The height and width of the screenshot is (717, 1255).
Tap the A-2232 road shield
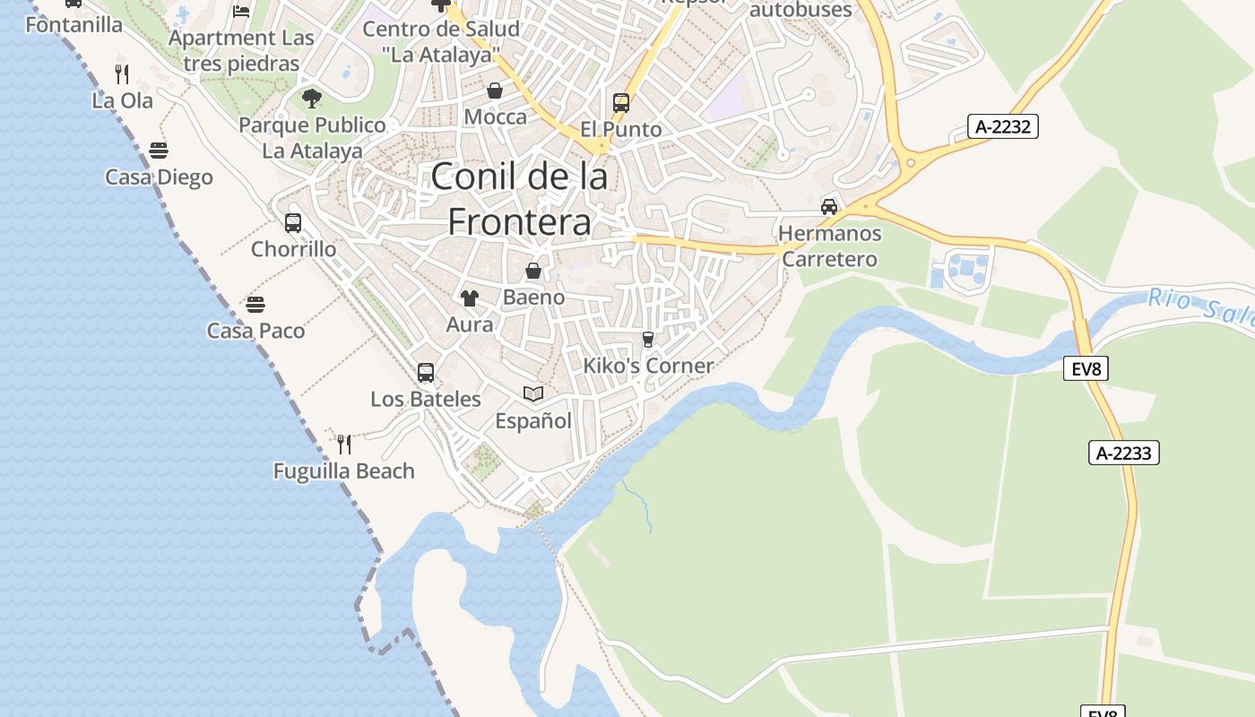point(1003,126)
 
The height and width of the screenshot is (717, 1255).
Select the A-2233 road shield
point(1124,453)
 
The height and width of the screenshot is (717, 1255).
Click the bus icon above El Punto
point(621,102)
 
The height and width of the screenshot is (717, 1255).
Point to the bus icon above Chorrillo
point(293,222)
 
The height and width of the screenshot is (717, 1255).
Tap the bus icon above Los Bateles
point(426,372)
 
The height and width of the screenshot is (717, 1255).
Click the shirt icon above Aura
point(470,298)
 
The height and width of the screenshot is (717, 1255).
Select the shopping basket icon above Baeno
point(533,271)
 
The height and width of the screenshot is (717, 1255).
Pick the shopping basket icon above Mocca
point(495,91)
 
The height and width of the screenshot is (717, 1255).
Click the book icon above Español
point(533,393)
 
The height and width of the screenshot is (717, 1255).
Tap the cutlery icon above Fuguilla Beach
point(344,444)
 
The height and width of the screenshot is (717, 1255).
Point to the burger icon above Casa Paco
point(255,304)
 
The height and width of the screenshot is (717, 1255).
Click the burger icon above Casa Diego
point(159,150)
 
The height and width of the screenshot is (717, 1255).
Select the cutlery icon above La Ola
point(123,73)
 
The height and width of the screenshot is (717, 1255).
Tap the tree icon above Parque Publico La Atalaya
point(312,98)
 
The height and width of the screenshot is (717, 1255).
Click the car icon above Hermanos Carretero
point(829,207)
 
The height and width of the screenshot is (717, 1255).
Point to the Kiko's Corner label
point(648,366)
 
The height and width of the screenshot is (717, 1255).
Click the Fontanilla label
point(74,24)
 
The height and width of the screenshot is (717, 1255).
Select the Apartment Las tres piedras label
point(241,51)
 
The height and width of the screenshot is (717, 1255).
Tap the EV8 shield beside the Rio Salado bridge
point(1086,368)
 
